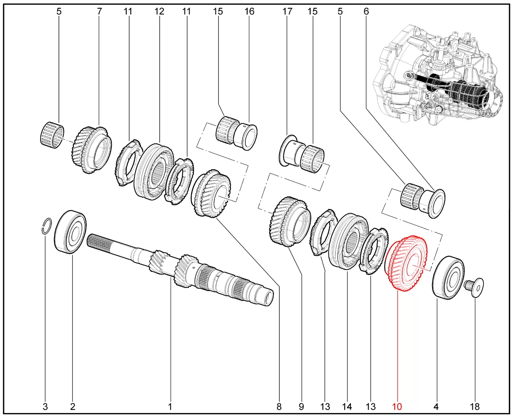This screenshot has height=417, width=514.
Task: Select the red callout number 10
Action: click(397, 407)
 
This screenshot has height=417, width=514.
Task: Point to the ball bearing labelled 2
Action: click(70, 232)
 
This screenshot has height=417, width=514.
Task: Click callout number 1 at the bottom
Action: click(170, 407)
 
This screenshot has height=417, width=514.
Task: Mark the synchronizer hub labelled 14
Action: click(348, 242)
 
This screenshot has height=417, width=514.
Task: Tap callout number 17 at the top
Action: click(288, 11)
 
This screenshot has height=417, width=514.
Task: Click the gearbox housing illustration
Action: click(438, 76)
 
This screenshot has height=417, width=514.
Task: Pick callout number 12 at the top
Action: click(159, 11)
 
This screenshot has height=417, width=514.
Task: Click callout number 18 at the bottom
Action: click(475, 407)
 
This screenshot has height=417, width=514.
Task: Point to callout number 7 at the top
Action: click(100, 11)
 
